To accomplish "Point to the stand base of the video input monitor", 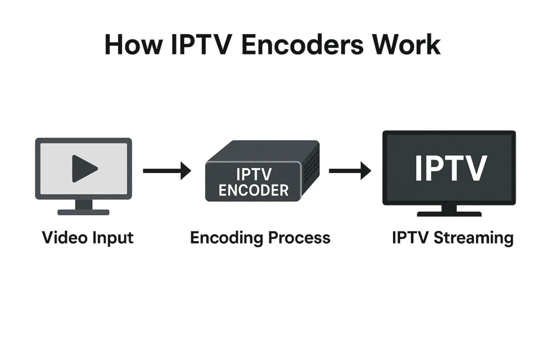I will [83, 212].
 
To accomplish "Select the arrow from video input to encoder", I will [167, 170].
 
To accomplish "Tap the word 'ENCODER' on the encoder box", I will [254, 190].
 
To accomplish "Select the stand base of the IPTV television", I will [449, 213].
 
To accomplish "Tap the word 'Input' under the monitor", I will [112, 238].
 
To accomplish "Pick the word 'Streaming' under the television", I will [473, 238].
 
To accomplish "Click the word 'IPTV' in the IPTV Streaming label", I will [410, 238].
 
